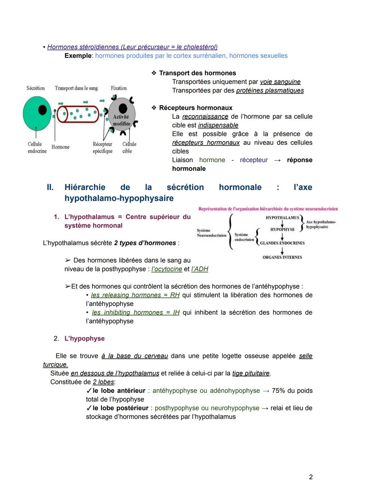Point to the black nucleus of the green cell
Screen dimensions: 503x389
pos(43,110)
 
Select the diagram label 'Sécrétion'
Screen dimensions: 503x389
pos(35,88)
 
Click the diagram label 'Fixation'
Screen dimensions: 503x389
pos(119,88)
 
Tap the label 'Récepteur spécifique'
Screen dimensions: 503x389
pos(103,148)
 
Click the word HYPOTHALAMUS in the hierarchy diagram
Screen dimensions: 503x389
pos(282,217)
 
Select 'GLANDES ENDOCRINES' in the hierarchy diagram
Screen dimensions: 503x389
pos(282,243)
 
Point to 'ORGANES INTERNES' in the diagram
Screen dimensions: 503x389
pos(282,257)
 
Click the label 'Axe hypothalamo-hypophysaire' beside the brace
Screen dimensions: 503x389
pos(321,224)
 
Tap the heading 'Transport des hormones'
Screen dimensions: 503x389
pos(197,73)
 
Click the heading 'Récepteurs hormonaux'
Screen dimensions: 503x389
pos(196,108)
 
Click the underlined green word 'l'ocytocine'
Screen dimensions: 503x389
pos(167,269)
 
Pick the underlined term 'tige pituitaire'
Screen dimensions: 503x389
pos(251,373)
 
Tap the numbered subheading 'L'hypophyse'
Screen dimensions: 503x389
pos(84,338)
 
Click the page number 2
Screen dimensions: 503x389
pos(311,477)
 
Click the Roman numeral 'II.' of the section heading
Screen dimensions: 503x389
pos(50,187)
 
